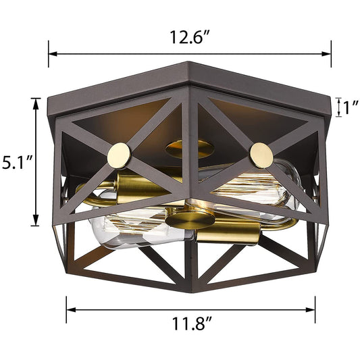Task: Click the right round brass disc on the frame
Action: click(x=261, y=155)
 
